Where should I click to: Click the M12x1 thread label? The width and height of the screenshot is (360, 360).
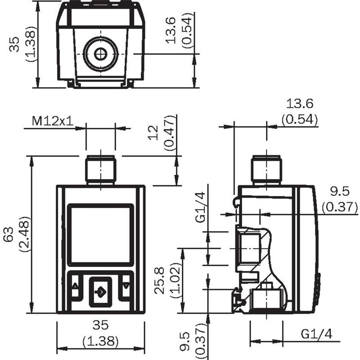[x=53, y=121]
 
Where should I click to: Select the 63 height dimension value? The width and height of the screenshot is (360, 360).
[x=9, y=234]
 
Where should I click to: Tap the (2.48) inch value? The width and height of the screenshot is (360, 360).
[x=25, y=234]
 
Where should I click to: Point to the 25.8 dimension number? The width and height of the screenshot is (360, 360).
[x=159, y=280]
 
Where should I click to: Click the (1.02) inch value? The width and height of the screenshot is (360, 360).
[x=175, y=280]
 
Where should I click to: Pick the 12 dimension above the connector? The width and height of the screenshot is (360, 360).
[x=153, y=133]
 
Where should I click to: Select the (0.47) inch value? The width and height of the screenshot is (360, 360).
[x=170, y=133]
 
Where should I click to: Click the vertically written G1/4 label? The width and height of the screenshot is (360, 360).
[x=200, y=207]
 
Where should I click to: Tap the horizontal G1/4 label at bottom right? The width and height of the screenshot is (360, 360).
[x=317, y=334]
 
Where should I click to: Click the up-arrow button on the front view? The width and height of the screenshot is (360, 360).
[x=75, y=286]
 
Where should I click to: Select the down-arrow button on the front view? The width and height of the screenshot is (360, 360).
[x=126, y=286]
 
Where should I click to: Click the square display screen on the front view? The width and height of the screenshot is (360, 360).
[x=100, y=234]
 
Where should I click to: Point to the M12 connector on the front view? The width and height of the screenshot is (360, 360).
[x=100, y=170]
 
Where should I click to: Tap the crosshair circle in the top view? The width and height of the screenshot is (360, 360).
[x=100, y=54]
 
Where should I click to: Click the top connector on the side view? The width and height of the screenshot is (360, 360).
[x=267, y=171]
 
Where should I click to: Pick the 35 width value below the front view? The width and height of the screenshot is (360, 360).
[x=100, y=325]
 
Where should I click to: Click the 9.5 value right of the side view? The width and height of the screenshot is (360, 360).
[x=340, y=191]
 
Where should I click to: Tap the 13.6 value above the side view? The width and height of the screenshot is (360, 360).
[x=300, y=103]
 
